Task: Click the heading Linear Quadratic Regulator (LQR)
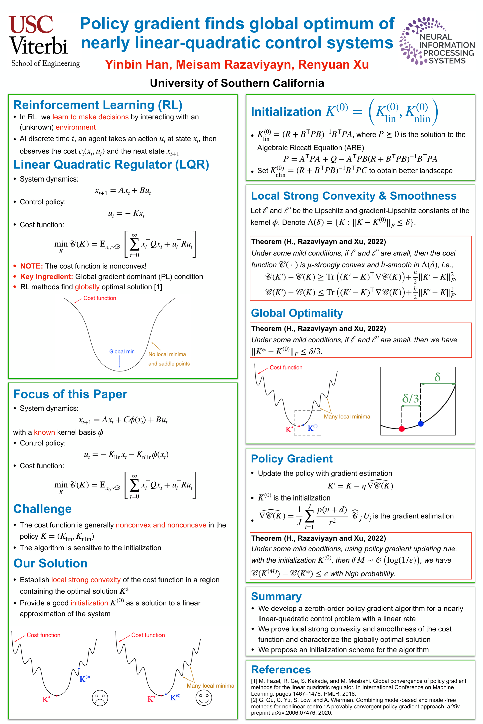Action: (111, 165)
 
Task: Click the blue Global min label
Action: (122, 351)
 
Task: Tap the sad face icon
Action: (100, 698)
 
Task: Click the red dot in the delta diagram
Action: (402, 429)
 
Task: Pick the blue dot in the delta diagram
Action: (421, 424)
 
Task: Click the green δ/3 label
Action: (411, 399)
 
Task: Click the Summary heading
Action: (276, 596)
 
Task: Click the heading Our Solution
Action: (51, 563)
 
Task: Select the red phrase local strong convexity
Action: (86, 580)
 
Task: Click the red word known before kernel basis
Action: (44, 432)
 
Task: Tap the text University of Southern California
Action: (237, 83)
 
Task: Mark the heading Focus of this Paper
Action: (70, 394)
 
